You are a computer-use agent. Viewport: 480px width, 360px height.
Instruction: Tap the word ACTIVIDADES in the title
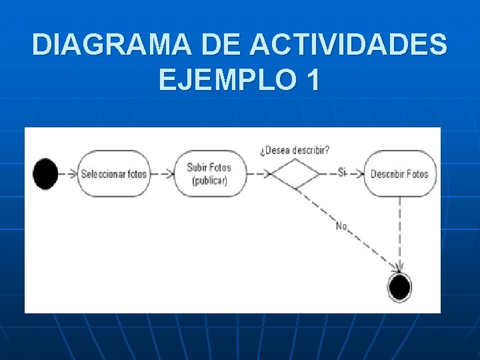[x=349, y=45]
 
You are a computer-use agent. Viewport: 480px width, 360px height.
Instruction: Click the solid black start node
[x=45, y=174]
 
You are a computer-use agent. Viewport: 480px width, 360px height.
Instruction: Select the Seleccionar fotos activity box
[x=113, y=174]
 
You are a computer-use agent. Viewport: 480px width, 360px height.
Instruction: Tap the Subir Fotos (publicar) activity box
[x=209, y=174]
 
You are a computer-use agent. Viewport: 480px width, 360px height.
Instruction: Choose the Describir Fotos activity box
[x=400, y=174]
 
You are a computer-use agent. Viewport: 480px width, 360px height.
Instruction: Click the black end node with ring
[x=399, y=287]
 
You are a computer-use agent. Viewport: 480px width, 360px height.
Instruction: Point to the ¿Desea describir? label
[x=294, y=150]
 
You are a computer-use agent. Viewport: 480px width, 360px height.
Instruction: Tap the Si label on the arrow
[x=342, y=173]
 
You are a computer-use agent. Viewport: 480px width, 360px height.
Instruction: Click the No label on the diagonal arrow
[x=341, y=226]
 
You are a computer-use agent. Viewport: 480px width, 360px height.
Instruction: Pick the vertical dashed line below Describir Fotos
[x=400, y=233]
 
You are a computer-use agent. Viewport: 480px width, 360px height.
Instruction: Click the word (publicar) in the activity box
[x=209, y=181]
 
